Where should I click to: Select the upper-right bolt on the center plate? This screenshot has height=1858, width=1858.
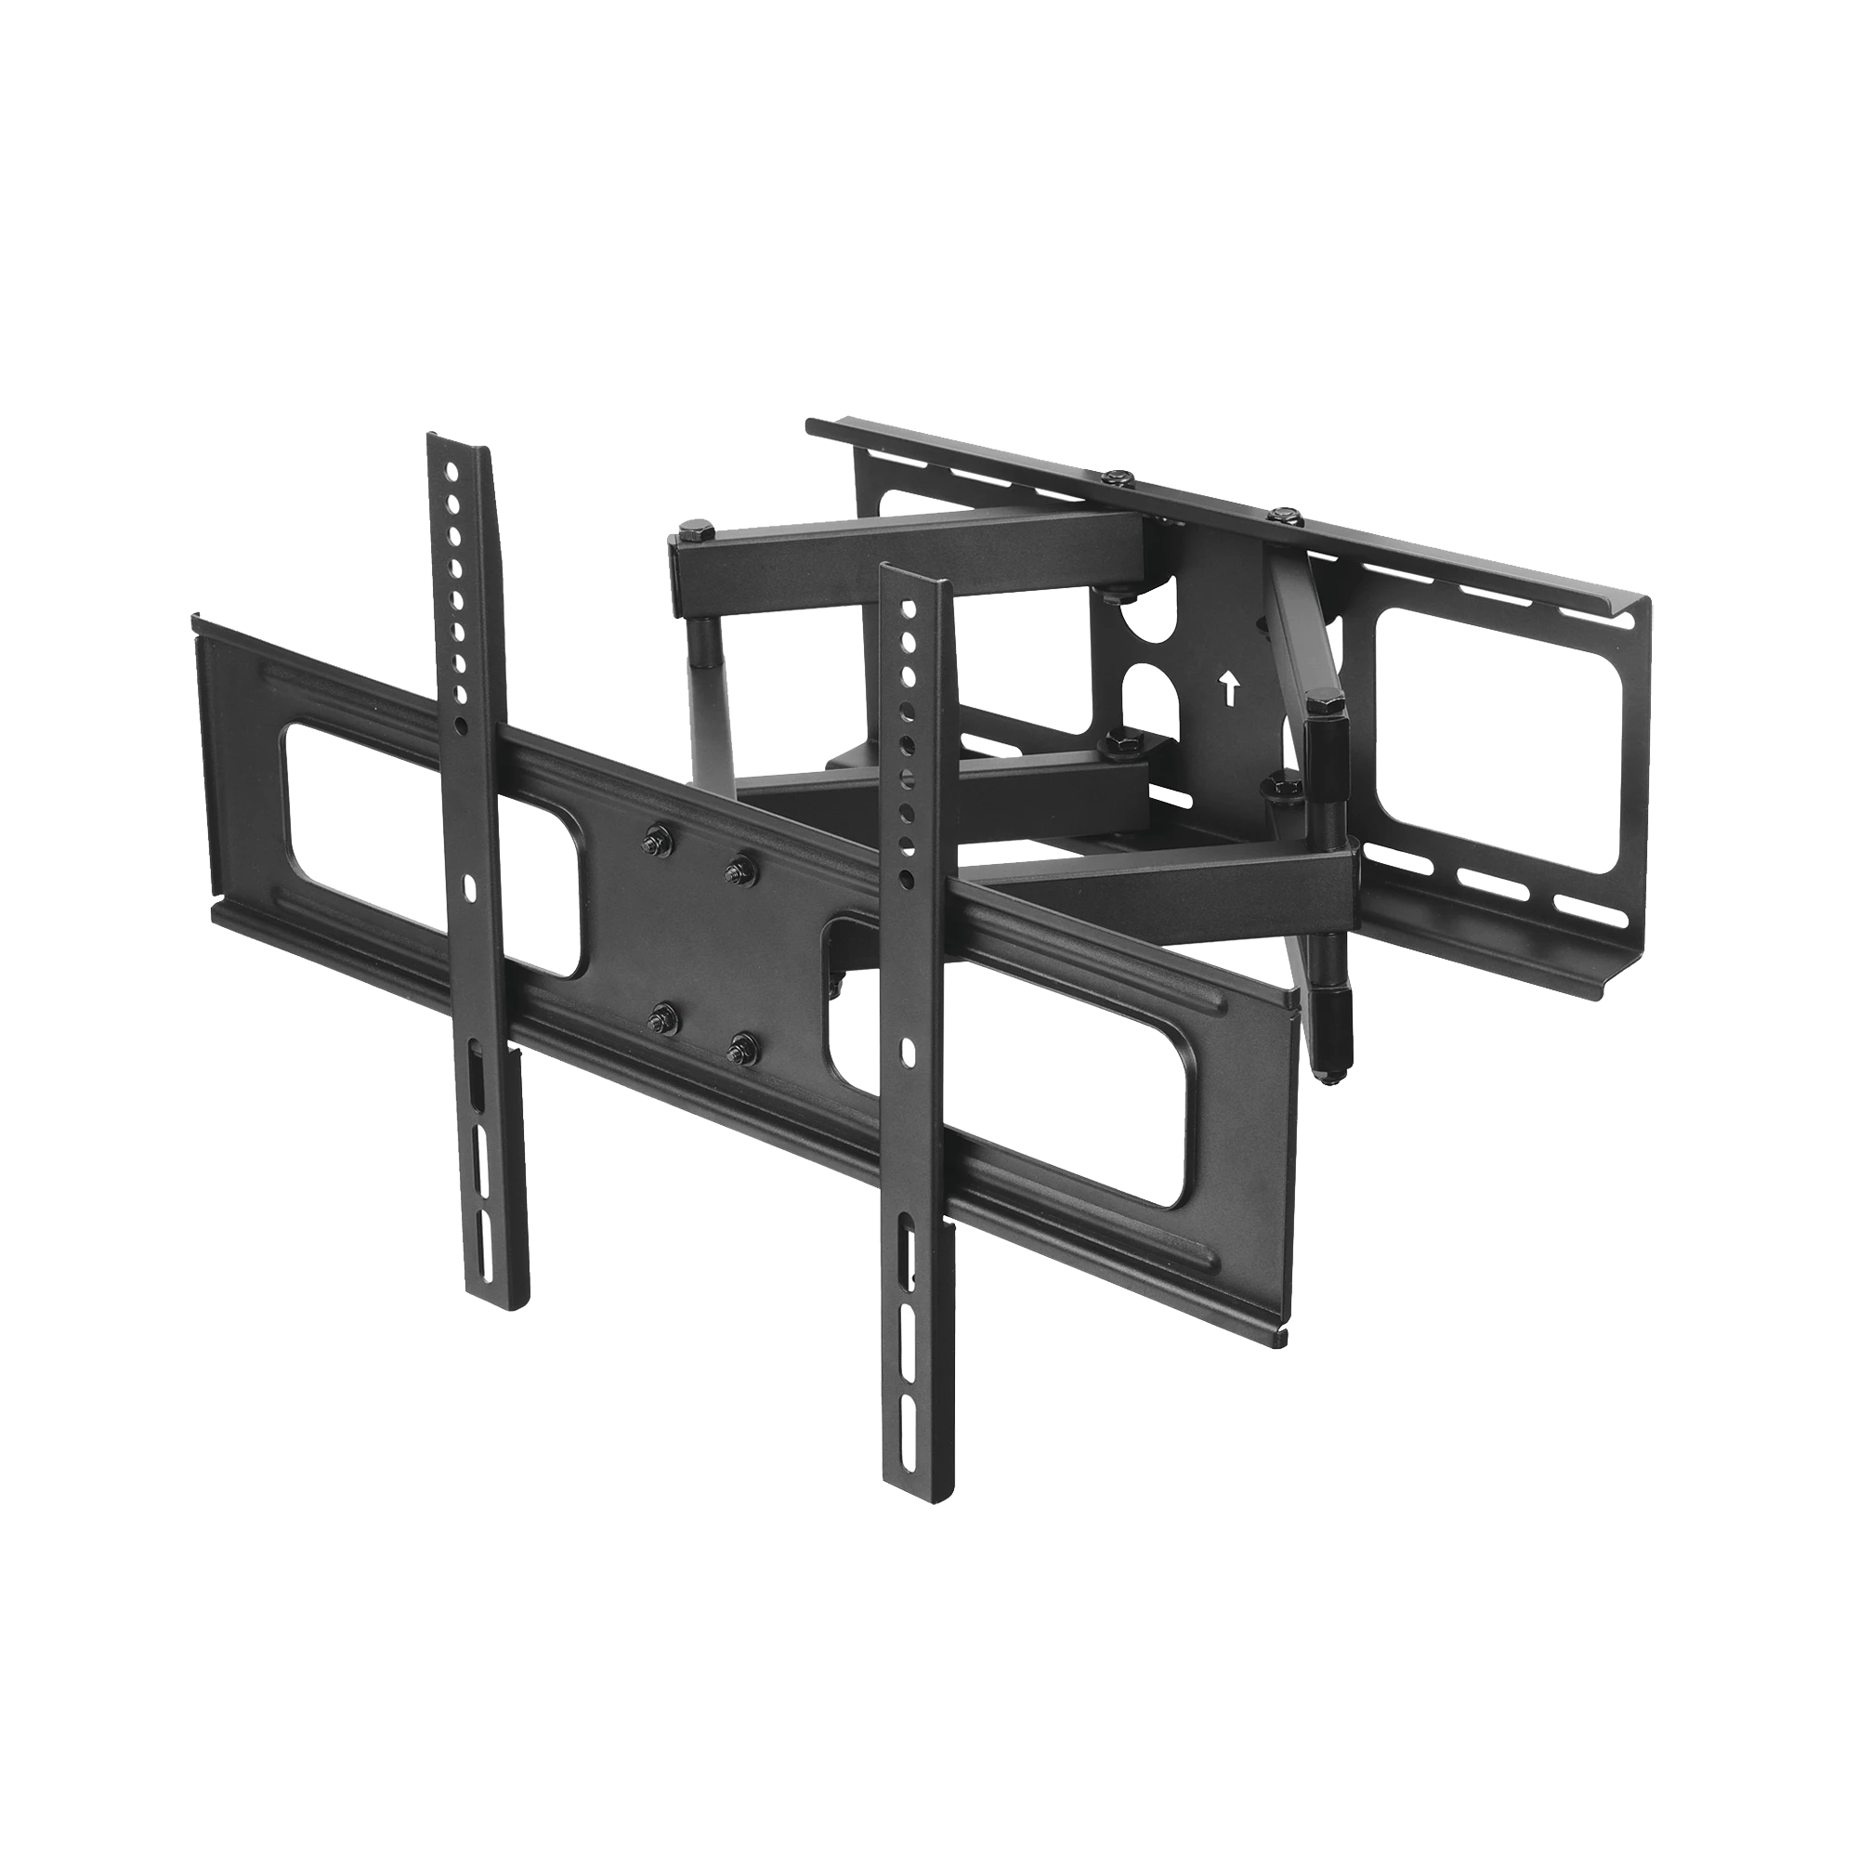pos(738,869)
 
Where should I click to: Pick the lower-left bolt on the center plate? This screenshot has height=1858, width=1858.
pos(660,1015)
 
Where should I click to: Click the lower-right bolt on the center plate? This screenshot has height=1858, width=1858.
pos(738,1047)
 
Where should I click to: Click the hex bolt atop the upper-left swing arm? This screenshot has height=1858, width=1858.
pos(694,530)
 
